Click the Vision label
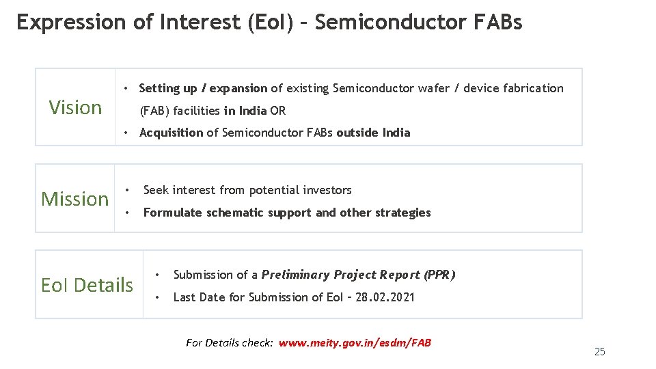[75, 107]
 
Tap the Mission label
[75, 199]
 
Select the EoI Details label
[87, 284]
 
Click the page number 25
[600, 352]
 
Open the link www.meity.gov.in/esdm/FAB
[355, 342]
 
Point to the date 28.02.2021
[385, 297]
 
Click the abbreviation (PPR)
[439, 275]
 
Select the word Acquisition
[171, 133]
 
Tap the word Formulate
[173, 213]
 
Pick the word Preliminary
[296, 275]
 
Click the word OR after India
[277, 111]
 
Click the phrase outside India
[373, 133]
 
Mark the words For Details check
[230, 342]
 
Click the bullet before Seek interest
[127, 190]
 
